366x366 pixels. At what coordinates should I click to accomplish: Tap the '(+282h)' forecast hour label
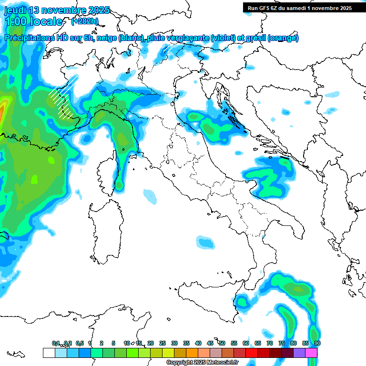pyautogui.click(x=85, y=21)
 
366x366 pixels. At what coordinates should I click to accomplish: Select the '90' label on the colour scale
pyautogui.click(x=317, y=343)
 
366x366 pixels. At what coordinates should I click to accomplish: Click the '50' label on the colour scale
pyautogui.click(x=222, y=343)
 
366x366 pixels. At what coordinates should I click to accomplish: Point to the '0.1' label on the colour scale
pyautogui.click(x=56, y=343)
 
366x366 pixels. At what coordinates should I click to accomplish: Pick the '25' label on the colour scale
pyautogui.click(x=163, y=343)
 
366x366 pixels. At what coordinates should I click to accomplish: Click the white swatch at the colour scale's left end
pyautogui.click(x=49, y=353)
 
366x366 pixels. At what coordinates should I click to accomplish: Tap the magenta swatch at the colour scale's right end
pyautogui.click(x=311, y=353)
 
